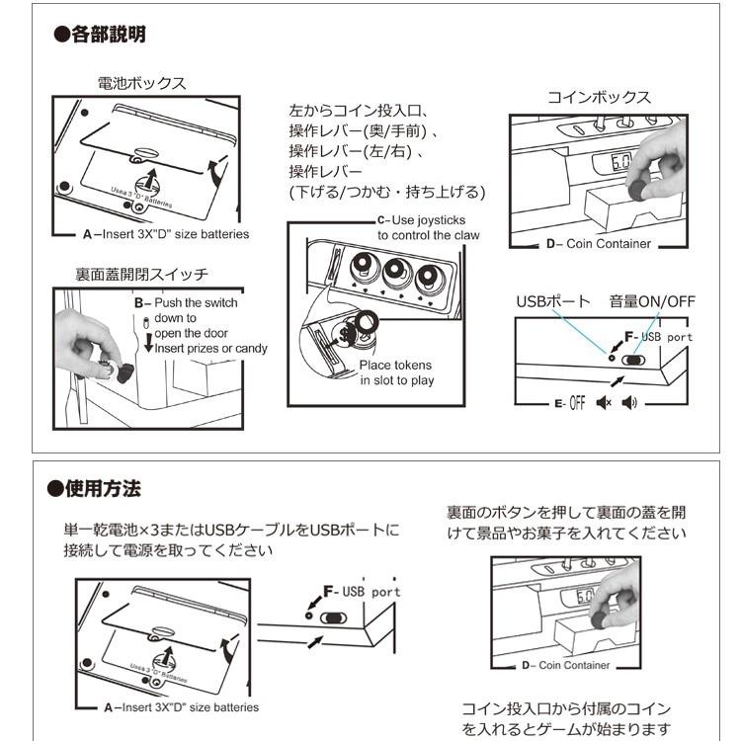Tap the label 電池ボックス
[x=141, y=83]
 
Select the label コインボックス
[x=599, y=97]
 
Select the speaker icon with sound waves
[x=629, y=403]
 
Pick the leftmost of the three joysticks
[x=363, y=268]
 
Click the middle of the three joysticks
[x=395, y=272]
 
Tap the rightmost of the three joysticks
[x=428, y=277]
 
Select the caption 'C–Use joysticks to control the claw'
[x=428, y=227]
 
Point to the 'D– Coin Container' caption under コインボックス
[x=598, y=243]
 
